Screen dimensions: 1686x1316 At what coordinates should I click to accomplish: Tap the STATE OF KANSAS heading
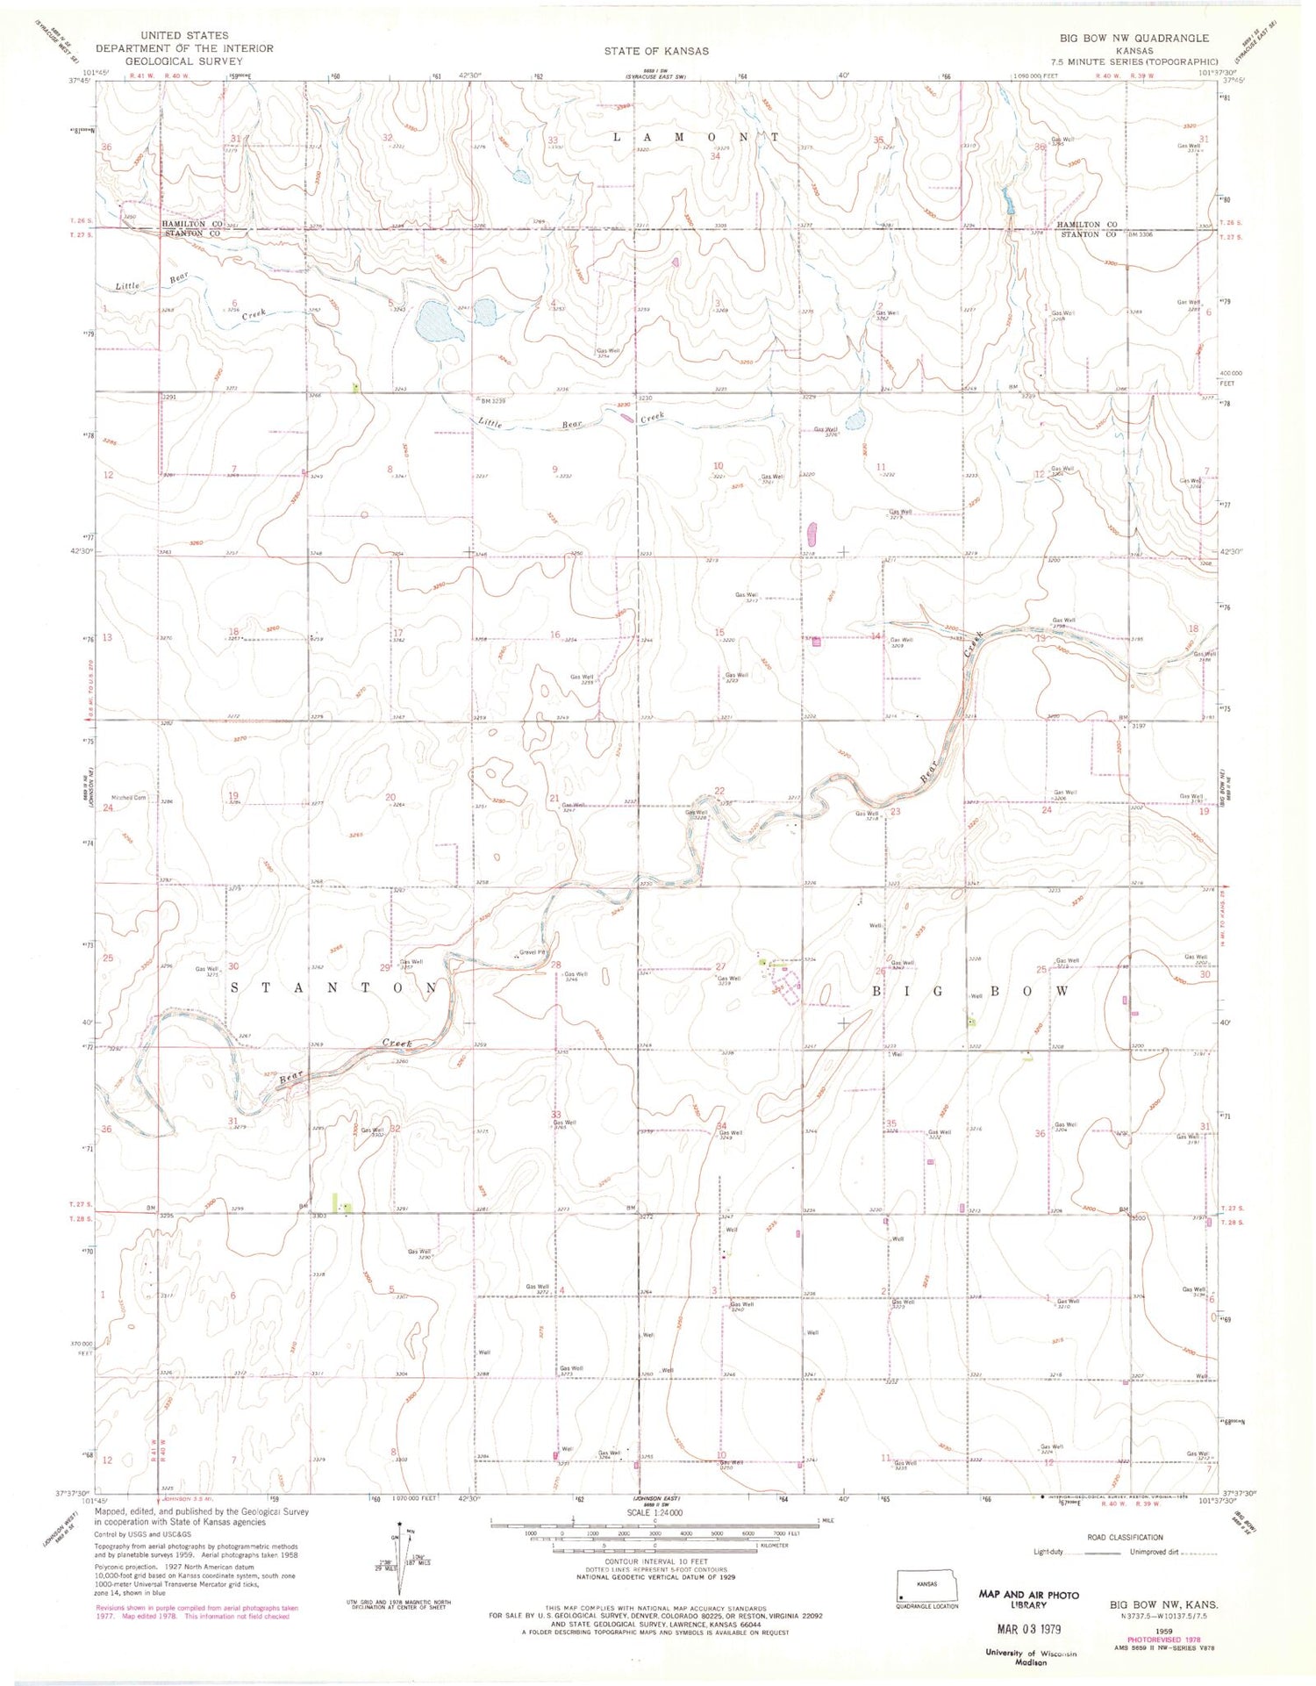pos(656,51)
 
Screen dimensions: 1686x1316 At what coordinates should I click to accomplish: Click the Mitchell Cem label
pos(128,798)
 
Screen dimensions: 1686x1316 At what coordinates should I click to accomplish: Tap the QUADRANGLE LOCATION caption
pos(927,1606)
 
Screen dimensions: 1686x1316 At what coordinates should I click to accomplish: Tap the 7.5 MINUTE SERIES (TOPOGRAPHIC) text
pos(1151,62)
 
